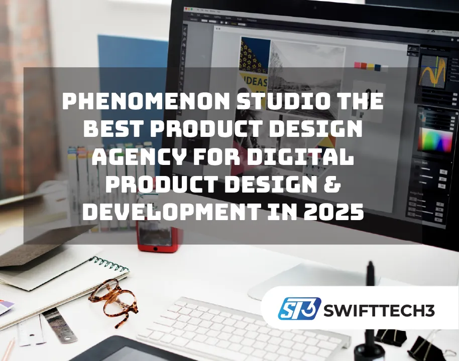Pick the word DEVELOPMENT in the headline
coord(169,211)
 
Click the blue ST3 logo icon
coord(299,308)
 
